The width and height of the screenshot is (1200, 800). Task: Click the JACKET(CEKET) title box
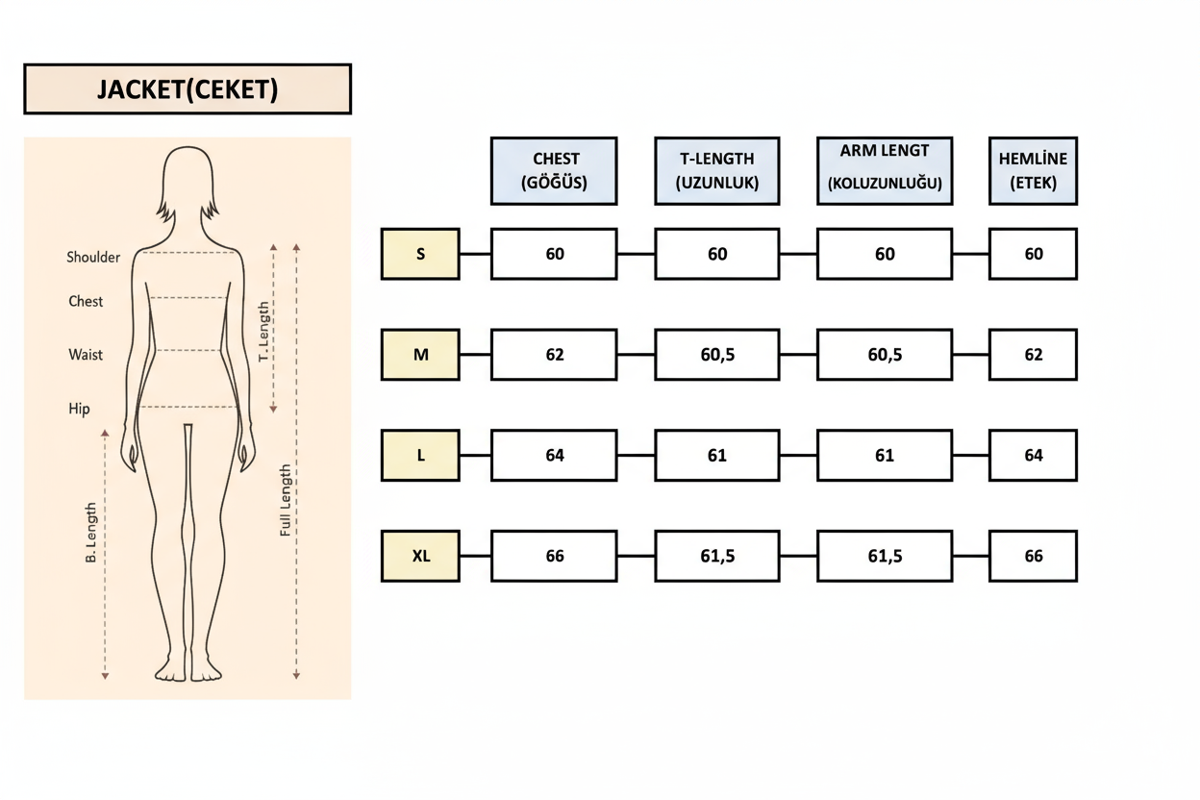187,89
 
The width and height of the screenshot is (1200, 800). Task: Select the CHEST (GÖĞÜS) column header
554,171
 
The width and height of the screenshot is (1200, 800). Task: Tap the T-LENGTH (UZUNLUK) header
717,171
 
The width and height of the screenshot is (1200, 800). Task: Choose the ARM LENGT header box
885,171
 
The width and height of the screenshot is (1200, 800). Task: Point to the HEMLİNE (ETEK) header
1033,171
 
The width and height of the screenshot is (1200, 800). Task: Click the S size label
420,254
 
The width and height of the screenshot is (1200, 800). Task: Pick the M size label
420,355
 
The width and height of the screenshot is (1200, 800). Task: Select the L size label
420,456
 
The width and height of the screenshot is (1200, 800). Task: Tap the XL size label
420,556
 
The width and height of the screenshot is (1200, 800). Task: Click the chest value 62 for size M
554,355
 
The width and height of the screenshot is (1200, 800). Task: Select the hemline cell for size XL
1033,556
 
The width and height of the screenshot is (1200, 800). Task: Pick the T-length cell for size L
717,456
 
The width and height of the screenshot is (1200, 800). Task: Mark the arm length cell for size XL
885,556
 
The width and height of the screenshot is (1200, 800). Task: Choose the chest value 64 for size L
554,456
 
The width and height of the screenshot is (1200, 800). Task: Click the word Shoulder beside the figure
93,258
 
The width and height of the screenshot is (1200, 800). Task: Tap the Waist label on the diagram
86,355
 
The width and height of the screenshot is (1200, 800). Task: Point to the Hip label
79,410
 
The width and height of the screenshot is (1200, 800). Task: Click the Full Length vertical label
286,500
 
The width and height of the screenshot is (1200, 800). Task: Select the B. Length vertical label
91,532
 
